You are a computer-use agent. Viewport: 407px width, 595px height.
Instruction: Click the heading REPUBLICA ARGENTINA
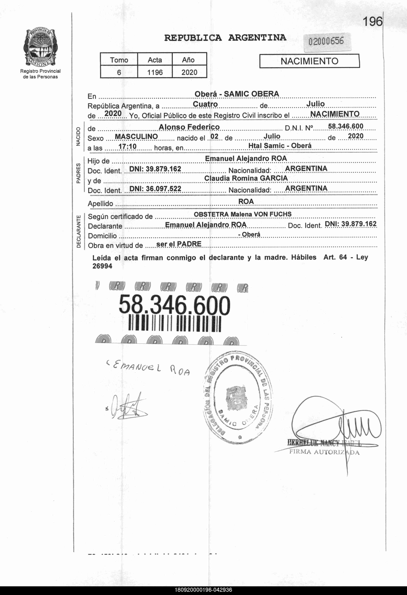(225, 38)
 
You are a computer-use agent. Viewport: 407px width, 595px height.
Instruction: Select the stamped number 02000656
(326, 41)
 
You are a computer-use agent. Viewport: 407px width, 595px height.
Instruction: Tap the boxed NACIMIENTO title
(309, 61)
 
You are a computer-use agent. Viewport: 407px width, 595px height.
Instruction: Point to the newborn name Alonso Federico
(189, 127)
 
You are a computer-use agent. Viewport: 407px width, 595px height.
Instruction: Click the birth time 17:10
(127, 146)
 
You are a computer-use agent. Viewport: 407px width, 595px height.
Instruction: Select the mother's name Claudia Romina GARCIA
(246, 178)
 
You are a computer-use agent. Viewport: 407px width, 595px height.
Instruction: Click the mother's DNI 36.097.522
(155, 189)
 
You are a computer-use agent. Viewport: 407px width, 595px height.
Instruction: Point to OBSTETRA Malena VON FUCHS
(242, 214)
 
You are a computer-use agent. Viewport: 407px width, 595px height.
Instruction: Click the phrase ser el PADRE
(179, 244)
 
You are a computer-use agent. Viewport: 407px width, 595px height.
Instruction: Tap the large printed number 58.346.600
(174, 305)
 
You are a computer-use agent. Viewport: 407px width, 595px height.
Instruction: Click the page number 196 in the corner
(372, 22)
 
